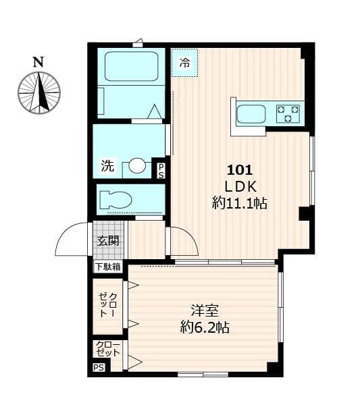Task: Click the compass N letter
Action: [x=38, y=61]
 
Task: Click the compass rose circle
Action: [x=39, y=92]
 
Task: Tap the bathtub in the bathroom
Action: [x=131, y=66]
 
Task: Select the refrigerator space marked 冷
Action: [x=184, y=64]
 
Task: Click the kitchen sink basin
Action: [x=252, y=113]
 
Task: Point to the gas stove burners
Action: [x=288, y=113]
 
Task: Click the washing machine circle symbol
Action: [x=137, y=165]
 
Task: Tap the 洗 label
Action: [x=107, y=165]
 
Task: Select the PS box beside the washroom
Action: [x=161, y=171]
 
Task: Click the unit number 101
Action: [x=239, y=170]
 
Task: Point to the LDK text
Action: [x=239, y=186]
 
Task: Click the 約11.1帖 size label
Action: [x=239, y=203]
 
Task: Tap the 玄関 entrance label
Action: [x=108, y=240]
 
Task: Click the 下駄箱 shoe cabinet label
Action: [x=108, y=267]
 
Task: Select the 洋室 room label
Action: [x=204, y=311]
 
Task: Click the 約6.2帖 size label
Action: [x=204, y=328]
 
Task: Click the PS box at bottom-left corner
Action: [x=99, y=369]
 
